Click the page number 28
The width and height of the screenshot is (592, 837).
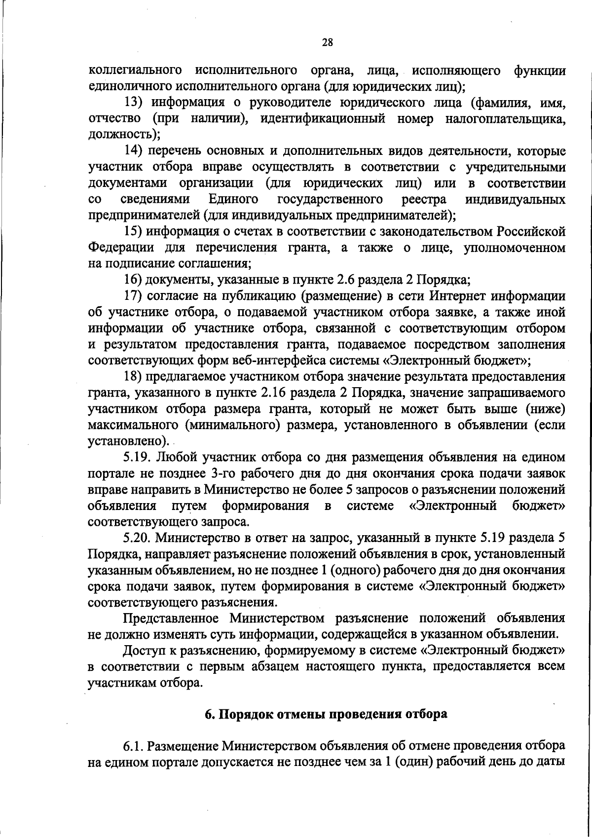click(328, 43)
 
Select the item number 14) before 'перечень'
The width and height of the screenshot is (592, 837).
click(133, 151)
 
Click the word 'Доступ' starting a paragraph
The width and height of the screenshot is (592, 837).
click(144, 650)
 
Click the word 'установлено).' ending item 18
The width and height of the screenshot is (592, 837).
click(128, 441)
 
